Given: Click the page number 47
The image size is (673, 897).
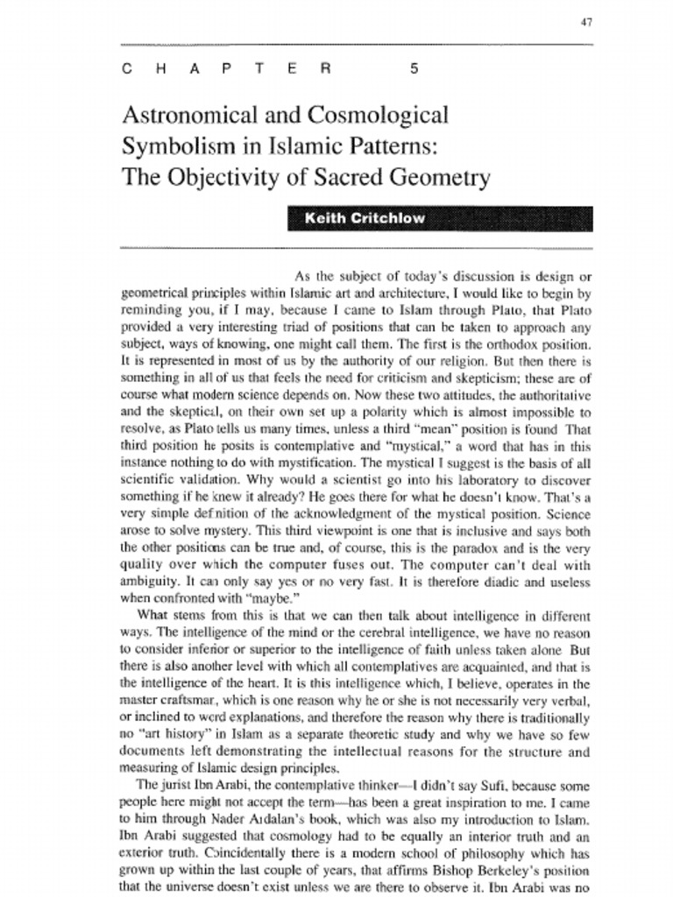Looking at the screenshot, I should click(586, 23).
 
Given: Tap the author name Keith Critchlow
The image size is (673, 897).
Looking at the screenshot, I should click(364, 219).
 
